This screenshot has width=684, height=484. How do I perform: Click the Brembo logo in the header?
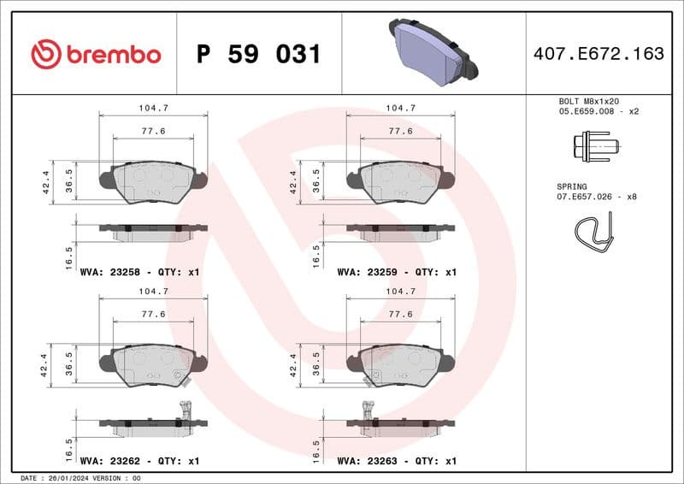(x=96, y=54)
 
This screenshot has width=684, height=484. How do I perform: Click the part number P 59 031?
(x=258, y=55)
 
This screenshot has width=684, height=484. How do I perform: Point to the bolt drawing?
(x=591, y=146)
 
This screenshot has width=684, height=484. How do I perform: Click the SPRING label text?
(x=572, y=186)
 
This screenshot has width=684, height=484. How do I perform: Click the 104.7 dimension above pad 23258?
(x=153, y=109)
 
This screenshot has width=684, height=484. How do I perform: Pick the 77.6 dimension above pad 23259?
(x=400, y=131)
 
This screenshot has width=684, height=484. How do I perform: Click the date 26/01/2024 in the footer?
(x=69, y=478)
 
